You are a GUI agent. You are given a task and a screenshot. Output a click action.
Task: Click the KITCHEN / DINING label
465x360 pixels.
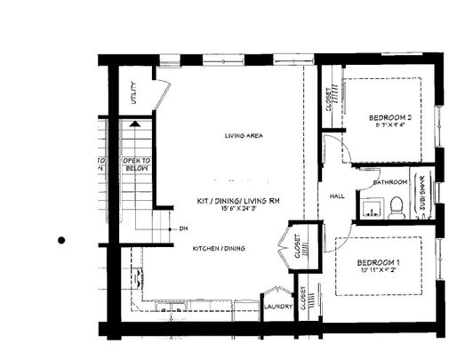pos(220,248)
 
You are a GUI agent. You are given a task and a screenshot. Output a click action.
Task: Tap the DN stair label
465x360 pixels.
pos(183,229)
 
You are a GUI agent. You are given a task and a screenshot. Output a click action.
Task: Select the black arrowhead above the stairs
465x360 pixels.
pos(134,125)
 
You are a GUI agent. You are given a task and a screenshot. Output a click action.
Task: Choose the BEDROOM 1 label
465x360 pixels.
pos(379,262)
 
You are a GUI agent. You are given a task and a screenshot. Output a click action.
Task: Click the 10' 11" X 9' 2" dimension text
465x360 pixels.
pos(379,272)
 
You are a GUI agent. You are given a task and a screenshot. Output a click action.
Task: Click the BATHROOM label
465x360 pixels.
pos(390,182)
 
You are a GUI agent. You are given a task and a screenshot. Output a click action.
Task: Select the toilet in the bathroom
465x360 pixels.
pos(396,208)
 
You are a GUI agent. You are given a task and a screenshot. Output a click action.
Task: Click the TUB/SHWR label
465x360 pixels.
pos(423,199)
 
